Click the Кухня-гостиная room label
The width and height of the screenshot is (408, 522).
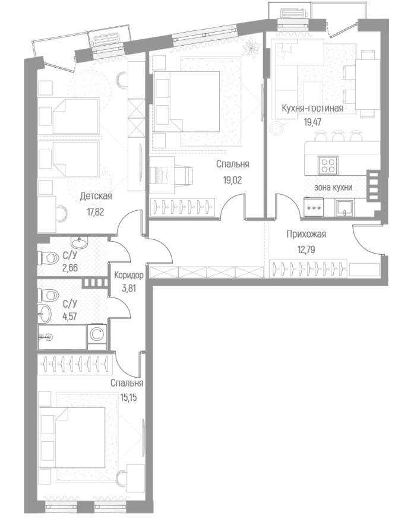(312, 109)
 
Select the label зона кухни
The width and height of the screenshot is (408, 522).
(333, 187)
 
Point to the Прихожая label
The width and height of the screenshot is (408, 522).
(306, 235)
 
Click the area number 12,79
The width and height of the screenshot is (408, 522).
(306, 249)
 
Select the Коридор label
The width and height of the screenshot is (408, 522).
(128, 276)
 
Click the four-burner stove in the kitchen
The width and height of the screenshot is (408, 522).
(327, 163)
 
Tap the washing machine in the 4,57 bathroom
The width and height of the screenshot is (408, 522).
(97, 336)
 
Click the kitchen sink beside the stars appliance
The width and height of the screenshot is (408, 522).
(344, 207)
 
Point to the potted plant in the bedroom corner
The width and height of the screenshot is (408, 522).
(253, 47)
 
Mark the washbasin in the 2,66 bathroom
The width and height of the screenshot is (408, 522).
(80, 243)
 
